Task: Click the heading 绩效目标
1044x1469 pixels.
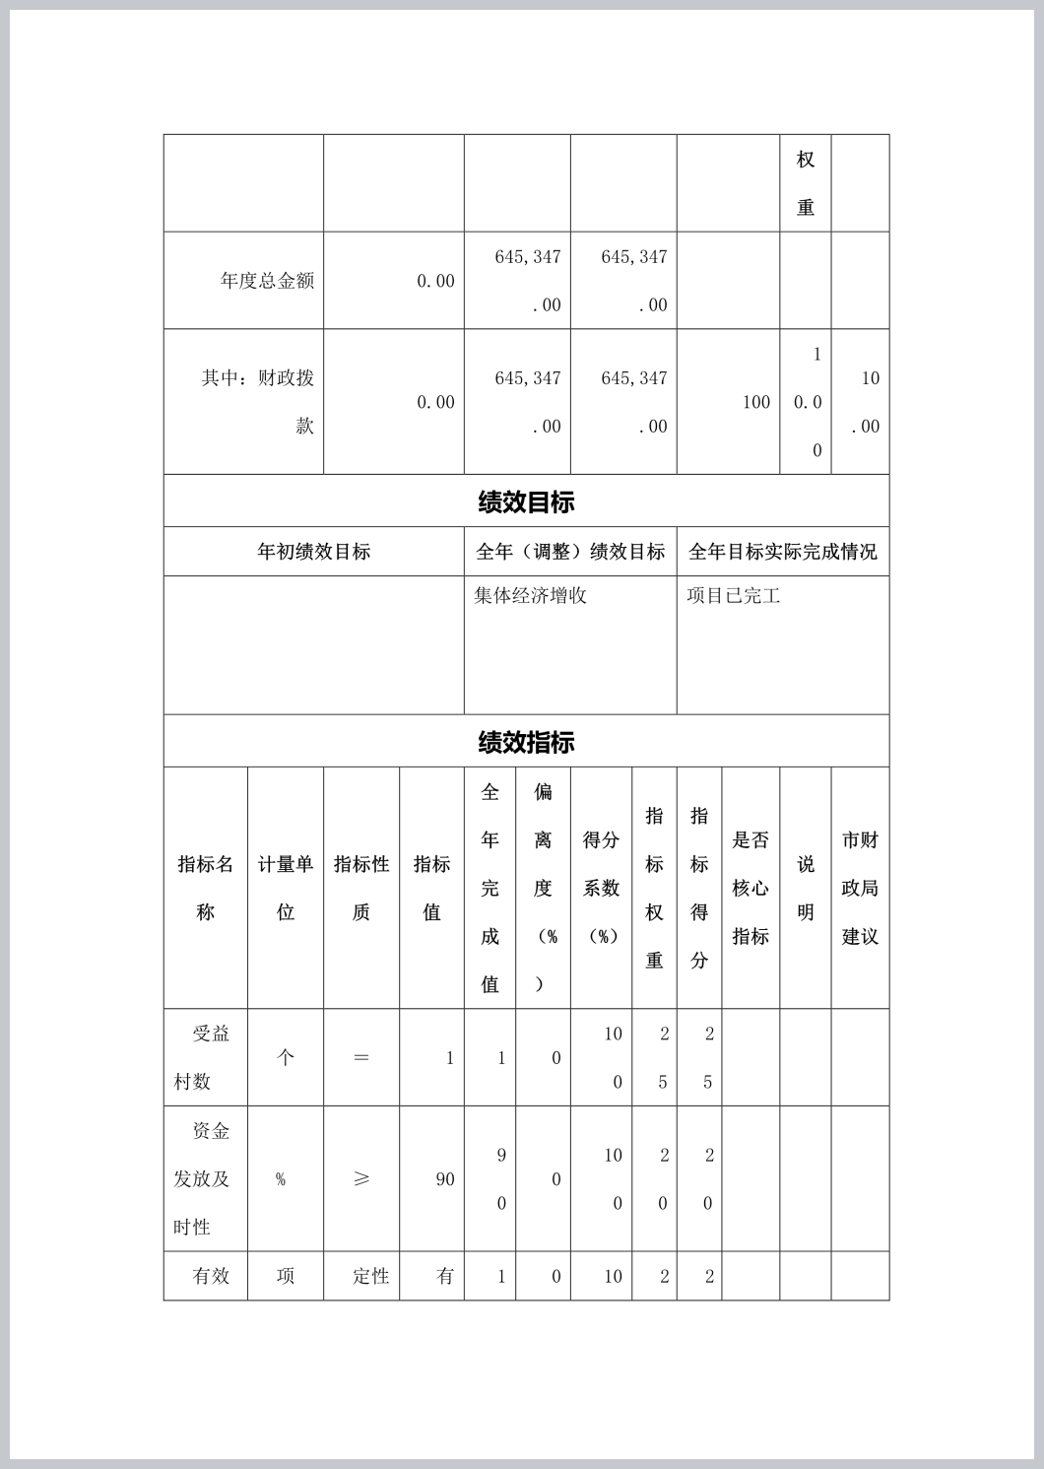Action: coord(526,502)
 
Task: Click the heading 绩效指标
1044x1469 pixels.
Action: coord(526,743)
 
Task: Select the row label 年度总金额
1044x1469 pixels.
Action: coord(267,281)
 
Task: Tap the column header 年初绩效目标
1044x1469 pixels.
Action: coord(313,552)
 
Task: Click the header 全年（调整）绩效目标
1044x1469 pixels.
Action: coord(570,552)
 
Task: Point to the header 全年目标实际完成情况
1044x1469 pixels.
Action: coord(782,552)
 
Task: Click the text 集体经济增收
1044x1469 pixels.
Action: coord(530,596)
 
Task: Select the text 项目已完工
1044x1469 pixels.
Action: coord(733,596)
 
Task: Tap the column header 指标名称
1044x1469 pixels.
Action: coord(205,888)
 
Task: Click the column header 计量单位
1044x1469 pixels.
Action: coord(286,888)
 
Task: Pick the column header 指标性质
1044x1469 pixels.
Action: coord(361,888)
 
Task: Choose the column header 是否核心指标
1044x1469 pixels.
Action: coord(750,888)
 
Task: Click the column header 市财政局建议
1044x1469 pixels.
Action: coord(860,888)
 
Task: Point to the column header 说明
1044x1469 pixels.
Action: coord(806,888)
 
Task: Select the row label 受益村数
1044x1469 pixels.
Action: coord(203,1057)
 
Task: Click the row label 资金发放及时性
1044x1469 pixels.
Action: coord(202,1178)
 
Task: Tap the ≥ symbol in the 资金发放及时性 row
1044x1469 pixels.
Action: coord(361,1179)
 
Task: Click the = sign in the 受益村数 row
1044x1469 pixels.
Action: coord(361,1058)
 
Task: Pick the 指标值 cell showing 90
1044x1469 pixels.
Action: coord(445,1179)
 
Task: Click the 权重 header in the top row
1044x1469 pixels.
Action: coord(806,183)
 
